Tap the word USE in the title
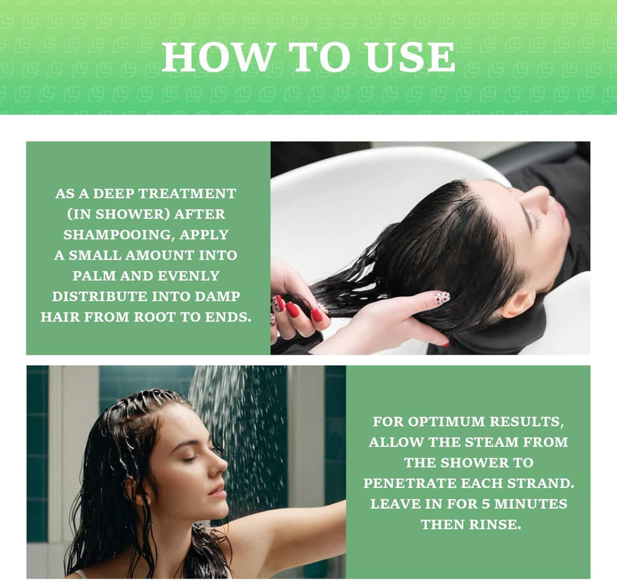(x=410, y=58)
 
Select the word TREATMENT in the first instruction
(x=187, y=194)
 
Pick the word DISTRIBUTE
(x=100, y=297)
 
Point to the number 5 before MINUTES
(x=486, y=504)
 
